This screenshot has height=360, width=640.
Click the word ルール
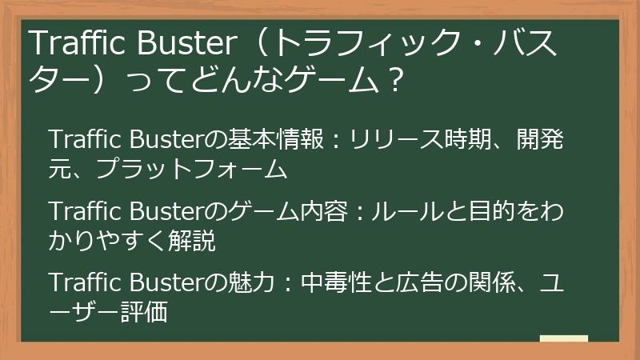tap(407, 212)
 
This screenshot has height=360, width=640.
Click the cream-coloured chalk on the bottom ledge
tap(563, 339)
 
